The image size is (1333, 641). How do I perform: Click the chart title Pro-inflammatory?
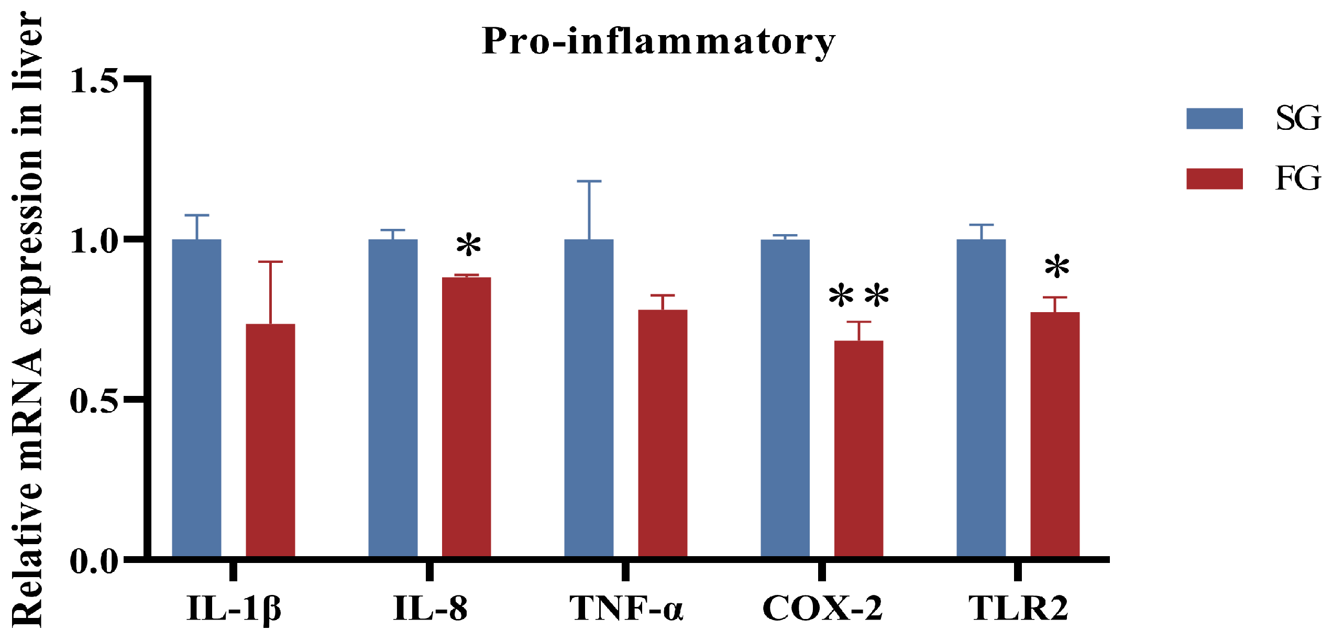point(658,42)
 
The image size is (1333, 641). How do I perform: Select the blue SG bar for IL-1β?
point(196,398)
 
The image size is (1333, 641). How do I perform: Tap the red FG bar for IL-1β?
point(270,440)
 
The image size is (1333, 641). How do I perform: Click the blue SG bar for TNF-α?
point(589,398)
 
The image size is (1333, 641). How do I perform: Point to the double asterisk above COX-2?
point(858,297)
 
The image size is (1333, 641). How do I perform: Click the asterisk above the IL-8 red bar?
point(468,246)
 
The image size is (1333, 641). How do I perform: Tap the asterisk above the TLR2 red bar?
point(1056,268)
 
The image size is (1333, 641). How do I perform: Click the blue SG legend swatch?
point(1214,118)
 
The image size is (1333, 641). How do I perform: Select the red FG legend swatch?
point(1214,179)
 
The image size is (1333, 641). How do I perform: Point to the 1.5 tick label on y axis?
point(94,81)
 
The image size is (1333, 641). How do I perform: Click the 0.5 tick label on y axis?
point(94,401)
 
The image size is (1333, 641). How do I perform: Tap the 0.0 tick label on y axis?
point(94,562)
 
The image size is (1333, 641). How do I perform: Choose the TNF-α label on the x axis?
point(626,609)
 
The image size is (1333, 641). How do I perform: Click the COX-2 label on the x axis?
point(822,609)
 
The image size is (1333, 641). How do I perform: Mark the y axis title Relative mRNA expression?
point(27,319)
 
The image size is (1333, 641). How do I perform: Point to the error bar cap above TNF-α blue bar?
point(589,181)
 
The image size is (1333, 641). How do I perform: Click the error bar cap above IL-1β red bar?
point(270,261)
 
